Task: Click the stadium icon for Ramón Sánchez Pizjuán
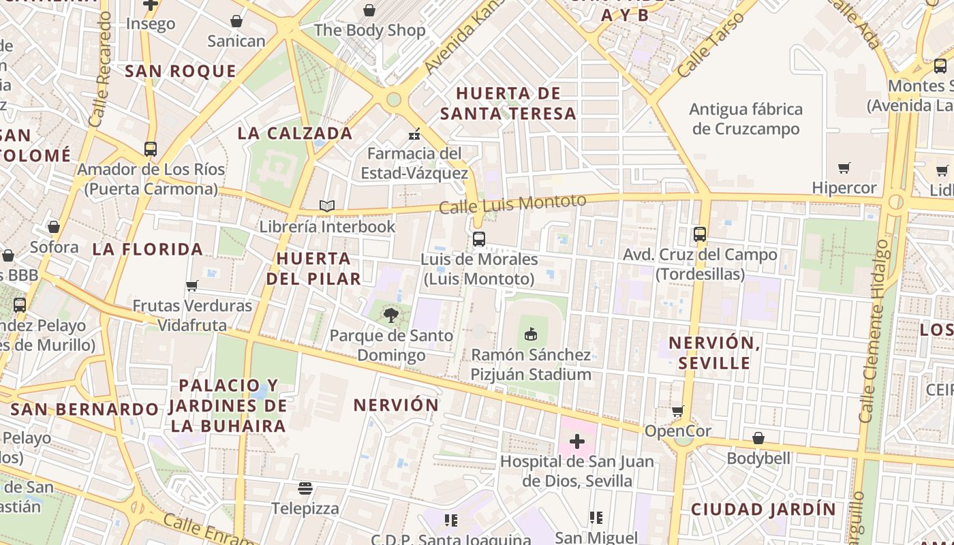(x=531, y=334)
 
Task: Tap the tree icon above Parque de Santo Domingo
(x=390, y=315)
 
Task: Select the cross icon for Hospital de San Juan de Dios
(x=577, y=441)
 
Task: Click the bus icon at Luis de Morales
(x=479, y=239)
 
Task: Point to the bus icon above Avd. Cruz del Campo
(x=700, y=234)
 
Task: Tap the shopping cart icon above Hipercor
(x=844, y=168)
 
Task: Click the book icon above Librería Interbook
(x=327, y=206)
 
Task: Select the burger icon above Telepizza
(x=305, y=488)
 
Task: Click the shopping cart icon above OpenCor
(x=677, y=411)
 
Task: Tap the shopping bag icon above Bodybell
(x=758, y=438)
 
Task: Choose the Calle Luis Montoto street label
(x=512, y=203)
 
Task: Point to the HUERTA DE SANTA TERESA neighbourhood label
(x=508, y=104)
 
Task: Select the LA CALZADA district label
(x=295, y=134)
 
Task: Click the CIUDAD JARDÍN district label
(x=763, y=510)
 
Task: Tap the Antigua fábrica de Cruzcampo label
(x=745, y=119)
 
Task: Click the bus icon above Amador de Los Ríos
(x=151, y=149)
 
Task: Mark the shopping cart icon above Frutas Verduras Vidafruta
(x=192, y=285)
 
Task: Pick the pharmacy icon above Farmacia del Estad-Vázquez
(x=412, y=134)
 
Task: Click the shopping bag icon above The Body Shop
(x=369, y=10)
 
